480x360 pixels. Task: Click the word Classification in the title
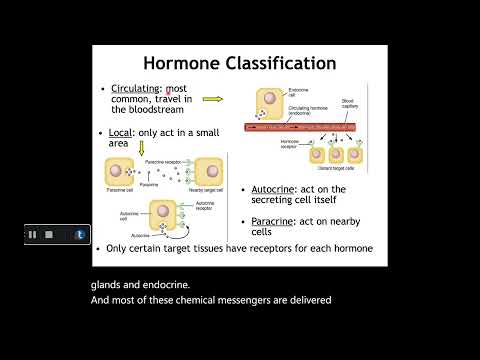click(x=282, y=63)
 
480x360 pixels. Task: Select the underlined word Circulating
click(x=137, y=89)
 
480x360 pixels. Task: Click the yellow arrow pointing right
click(x=211, y=99)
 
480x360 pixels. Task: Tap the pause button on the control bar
click(x=33, y=234)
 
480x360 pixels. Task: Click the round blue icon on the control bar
click(x=80, y=234)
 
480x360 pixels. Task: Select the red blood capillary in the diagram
click(x=310, y=128)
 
